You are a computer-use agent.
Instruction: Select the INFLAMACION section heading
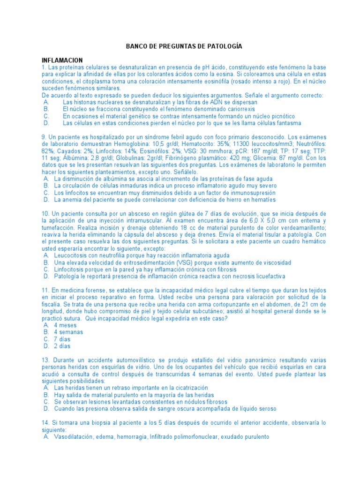tap(62, 60)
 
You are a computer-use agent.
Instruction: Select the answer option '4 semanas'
tap(68, 332)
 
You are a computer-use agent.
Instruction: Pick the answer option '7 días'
tap(62, 339)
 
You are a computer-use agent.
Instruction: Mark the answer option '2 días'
tap(62, 346)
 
